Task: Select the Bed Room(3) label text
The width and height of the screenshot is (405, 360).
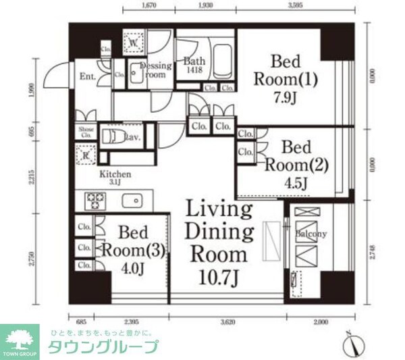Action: pos(132,240)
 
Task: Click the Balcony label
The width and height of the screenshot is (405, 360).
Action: pos(311,234)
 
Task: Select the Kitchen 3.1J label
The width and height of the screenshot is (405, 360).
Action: pos(115,178)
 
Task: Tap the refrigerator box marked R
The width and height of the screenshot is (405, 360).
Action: pos(86,155)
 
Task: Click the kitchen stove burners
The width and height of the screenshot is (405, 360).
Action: pos(94,201)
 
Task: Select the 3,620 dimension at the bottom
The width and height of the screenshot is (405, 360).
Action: pos(227,322)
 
